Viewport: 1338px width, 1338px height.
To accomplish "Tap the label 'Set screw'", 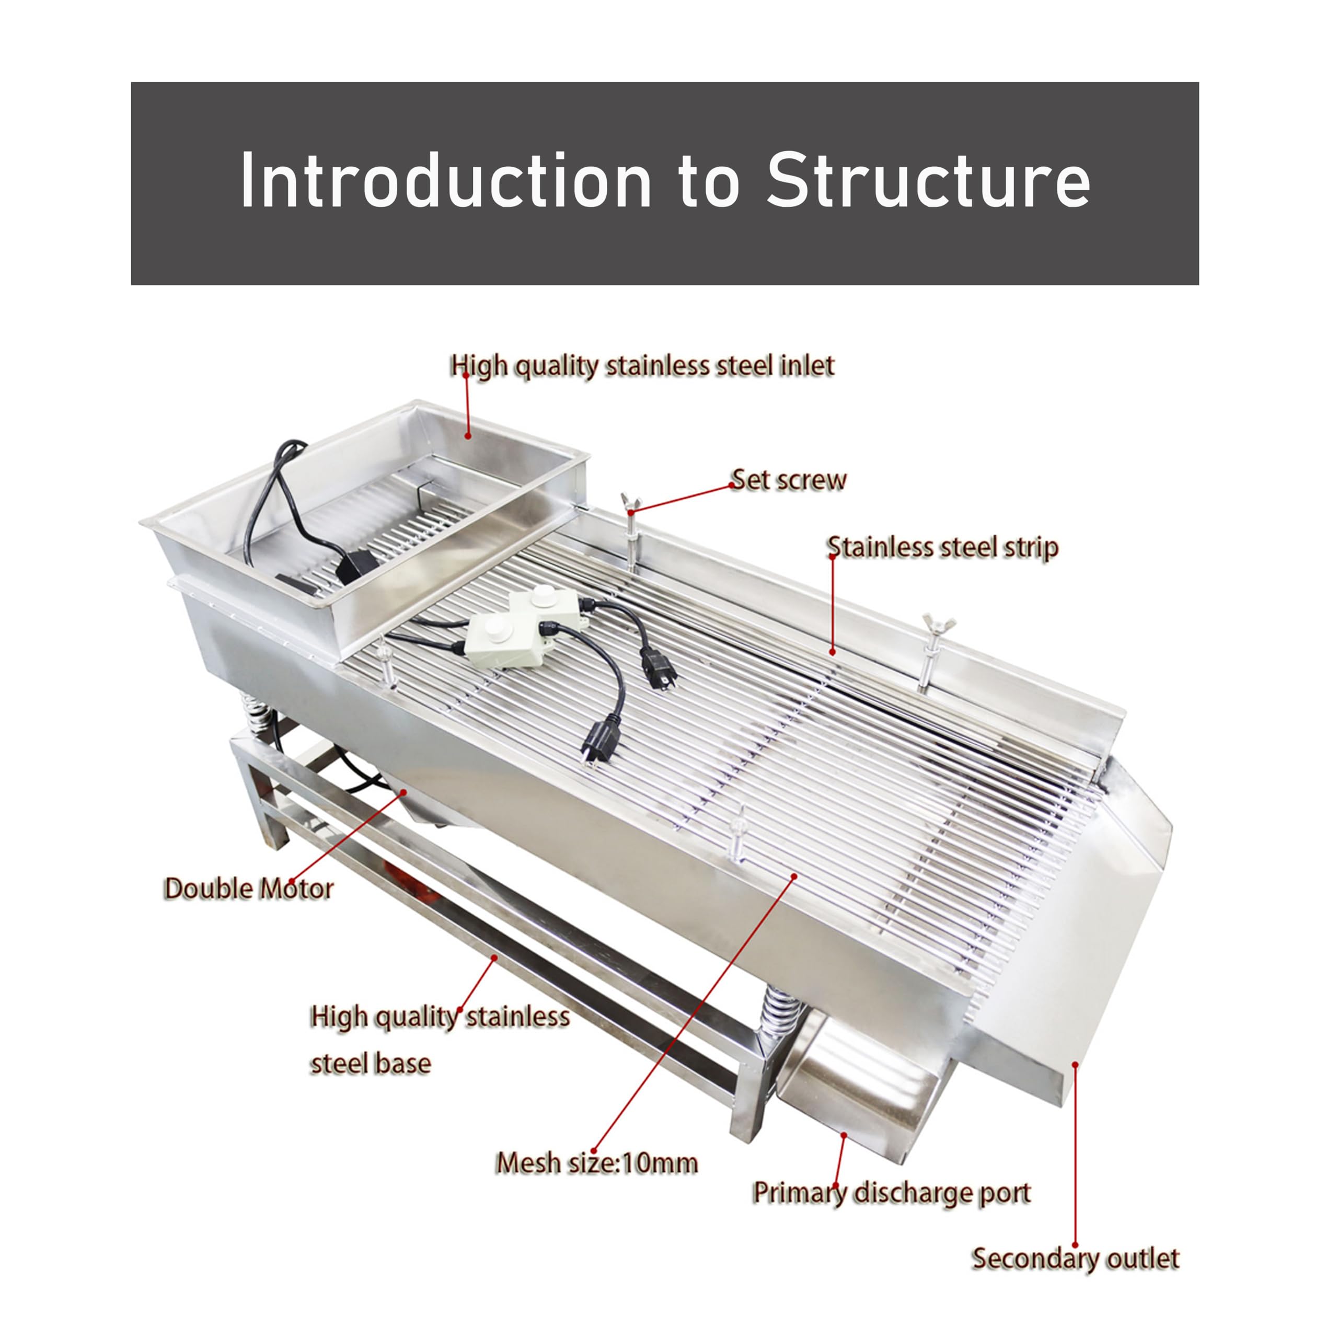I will (789, 480).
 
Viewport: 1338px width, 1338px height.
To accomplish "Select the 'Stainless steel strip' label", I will (942, 547).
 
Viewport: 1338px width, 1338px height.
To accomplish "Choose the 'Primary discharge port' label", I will (891, 1193).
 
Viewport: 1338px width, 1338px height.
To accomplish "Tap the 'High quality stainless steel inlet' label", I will (642, 366).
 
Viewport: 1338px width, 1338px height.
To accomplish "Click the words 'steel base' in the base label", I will (371, 1063).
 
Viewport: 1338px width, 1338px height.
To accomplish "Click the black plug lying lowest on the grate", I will (599, 742).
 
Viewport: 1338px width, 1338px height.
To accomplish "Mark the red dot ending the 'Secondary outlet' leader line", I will (1075, 1065).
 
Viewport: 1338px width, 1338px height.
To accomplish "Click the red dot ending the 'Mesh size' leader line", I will (794, 876).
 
